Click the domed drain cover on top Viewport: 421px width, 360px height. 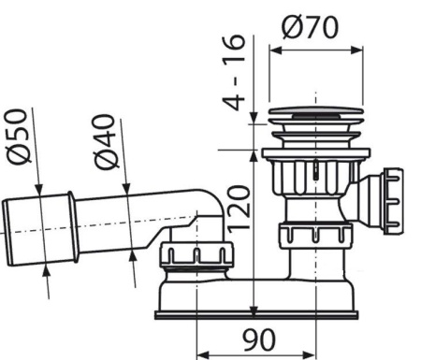tap(312, 119)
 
